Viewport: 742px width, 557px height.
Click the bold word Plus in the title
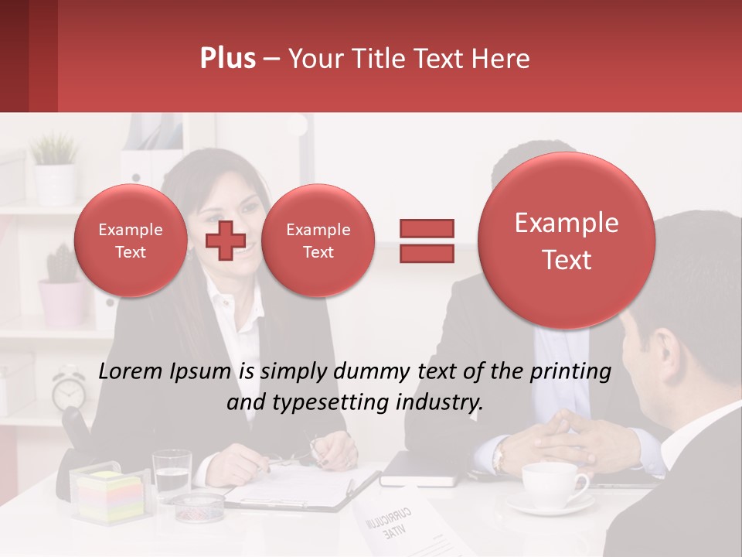tap(227, 59)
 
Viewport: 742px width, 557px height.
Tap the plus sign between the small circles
tap(226, 240)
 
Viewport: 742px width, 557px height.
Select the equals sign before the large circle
tap(426, 240)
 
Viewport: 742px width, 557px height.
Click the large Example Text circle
tap(567, 241)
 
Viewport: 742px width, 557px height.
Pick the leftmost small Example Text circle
tap(130, 241)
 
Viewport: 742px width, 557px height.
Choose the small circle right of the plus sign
tap(318, 241)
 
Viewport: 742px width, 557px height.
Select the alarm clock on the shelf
tap(69, 388)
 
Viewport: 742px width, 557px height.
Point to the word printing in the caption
tap(571, 372)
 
